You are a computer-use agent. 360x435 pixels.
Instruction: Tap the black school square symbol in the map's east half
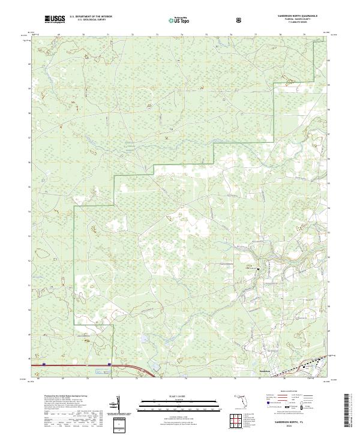point(258,269)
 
